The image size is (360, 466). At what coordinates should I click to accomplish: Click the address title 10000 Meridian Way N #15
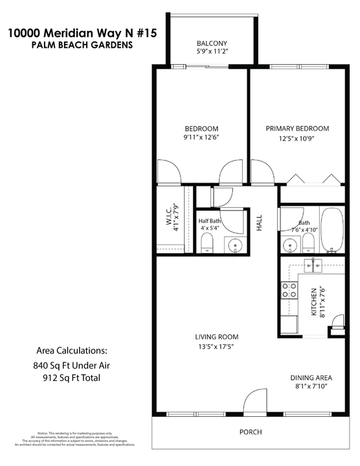point(82,33)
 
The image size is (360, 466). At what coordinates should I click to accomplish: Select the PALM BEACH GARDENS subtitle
point(82,46)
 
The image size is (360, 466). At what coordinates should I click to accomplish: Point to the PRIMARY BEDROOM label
point(297,128)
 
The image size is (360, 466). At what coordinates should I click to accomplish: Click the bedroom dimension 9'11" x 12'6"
point(202,137)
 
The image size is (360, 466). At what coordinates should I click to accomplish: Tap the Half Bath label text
point(210,221)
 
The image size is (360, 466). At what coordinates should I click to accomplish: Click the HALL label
point(259,224)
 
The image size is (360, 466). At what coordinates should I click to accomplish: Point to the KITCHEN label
point(313,302)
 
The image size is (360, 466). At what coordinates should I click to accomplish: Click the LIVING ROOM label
point(217,337)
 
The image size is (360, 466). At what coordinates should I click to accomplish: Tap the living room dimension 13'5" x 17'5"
point(217,346)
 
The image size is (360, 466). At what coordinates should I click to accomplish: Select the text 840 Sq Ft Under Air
point(71,365)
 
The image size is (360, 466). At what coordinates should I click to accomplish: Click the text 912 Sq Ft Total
point(71,378)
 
